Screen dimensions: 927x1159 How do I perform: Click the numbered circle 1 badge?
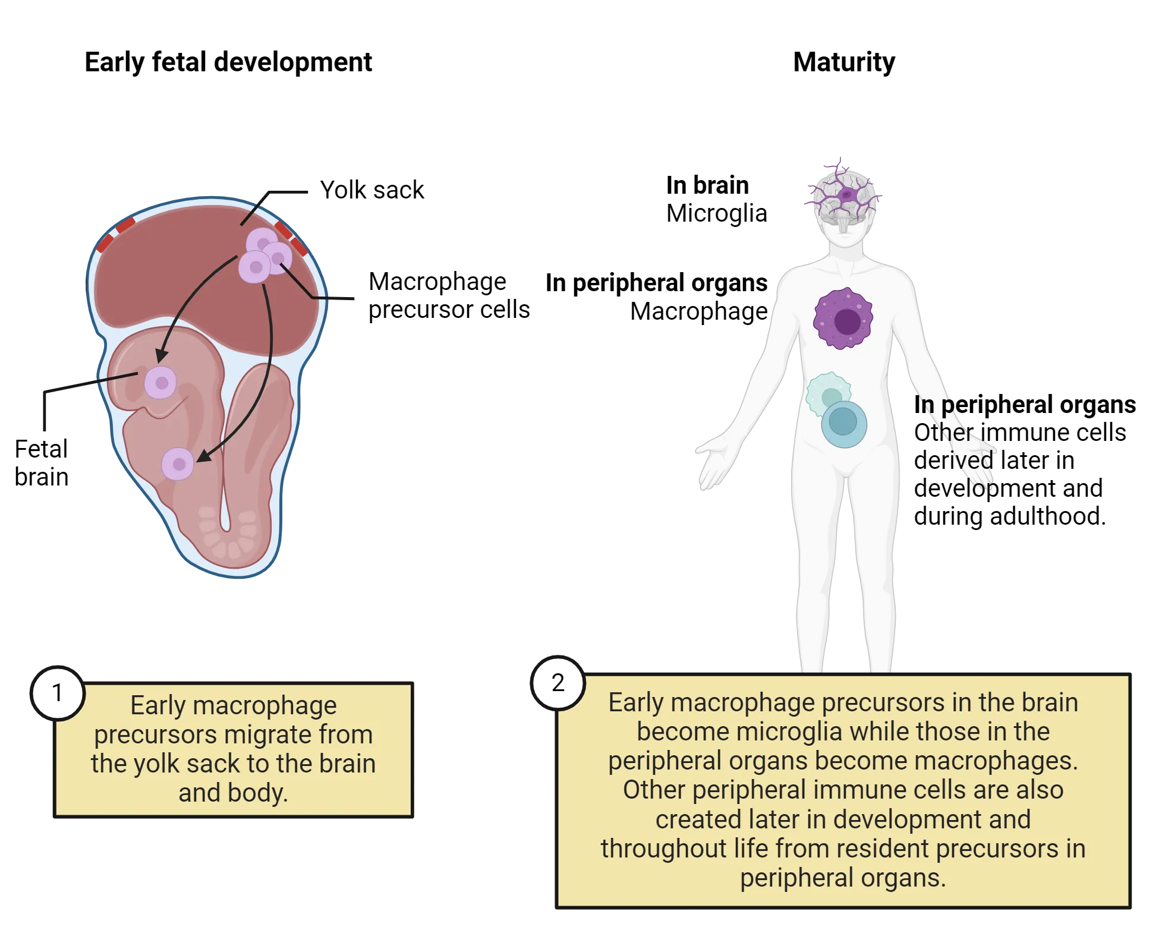point(58,693)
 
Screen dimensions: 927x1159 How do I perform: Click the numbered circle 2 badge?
point(558,683)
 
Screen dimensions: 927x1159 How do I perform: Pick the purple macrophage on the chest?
point(843,319)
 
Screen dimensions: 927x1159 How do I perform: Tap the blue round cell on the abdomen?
point(844,424)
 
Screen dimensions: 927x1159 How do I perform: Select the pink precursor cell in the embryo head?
point(160,382)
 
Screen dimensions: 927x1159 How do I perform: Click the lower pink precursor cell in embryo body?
point(178,464)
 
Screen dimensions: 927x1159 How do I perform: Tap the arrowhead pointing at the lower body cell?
point(203,456)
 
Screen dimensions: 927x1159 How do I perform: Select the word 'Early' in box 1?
point(158,706)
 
